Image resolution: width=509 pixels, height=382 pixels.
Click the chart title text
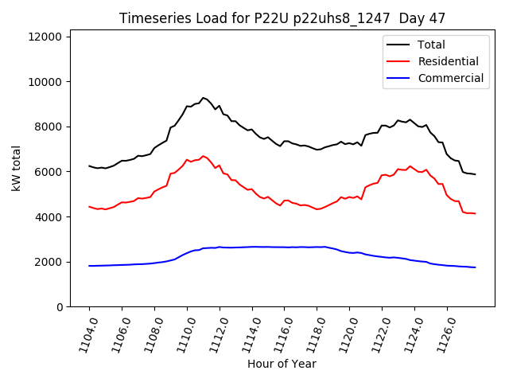point(282,18)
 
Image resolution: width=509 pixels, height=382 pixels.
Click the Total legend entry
point(431,45)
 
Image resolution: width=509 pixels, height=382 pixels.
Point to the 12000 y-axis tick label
point(48,37)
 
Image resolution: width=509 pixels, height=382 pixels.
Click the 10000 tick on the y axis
point(48,82)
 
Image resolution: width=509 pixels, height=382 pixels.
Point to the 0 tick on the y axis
point(60,306)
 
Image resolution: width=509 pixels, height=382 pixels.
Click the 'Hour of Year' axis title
point(282,364)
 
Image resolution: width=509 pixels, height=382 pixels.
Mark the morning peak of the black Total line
point(203,97)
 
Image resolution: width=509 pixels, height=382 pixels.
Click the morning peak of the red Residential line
point(203,156)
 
